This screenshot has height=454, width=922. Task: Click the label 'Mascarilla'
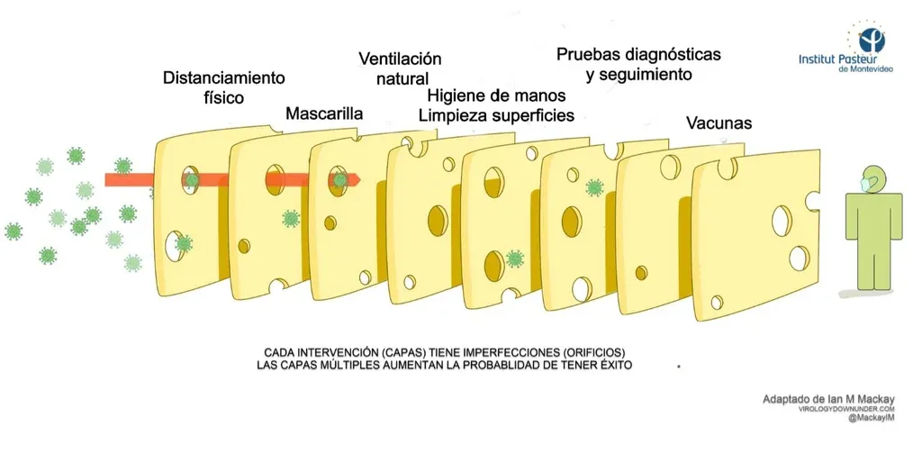[x=324, y=114]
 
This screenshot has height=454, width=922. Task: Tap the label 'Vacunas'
[x=719, y=123]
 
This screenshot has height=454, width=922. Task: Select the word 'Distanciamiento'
[x=224, y=77]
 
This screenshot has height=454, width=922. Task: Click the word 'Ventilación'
[x=400, y=59]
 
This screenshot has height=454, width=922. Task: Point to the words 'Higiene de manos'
[x=496, y=95]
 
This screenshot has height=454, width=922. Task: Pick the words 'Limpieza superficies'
[x=496, y=115]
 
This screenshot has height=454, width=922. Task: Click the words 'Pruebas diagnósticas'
[x=638, y=54]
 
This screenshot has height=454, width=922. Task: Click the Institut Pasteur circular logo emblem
[x=871, y=39]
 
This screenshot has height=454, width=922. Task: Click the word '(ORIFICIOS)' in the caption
[x=590, y=352]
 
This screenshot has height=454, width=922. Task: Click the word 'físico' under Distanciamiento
[x=218, y=97]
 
